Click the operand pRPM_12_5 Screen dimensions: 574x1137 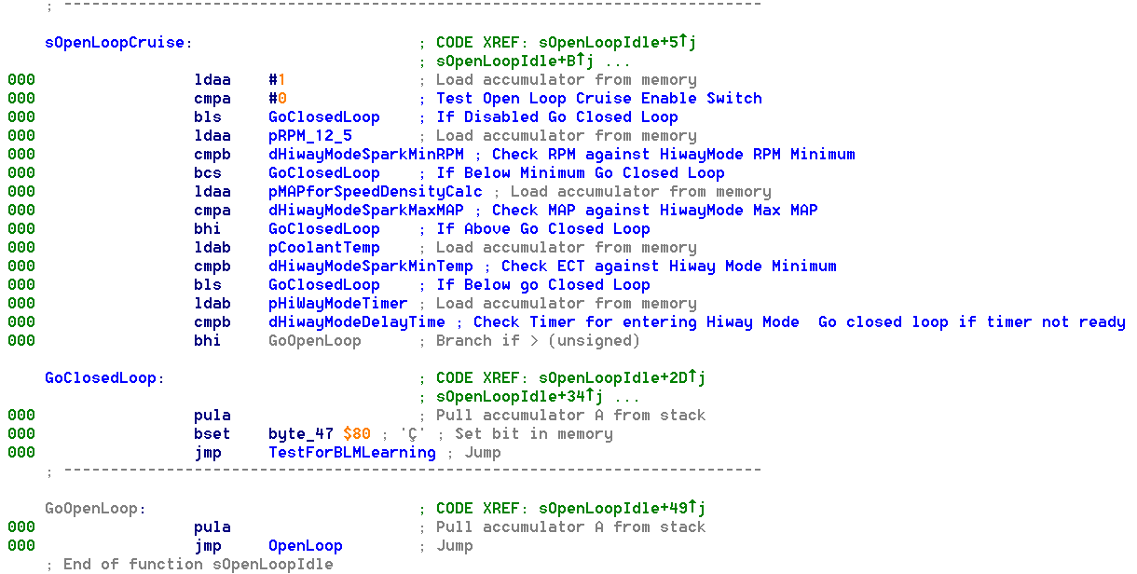click(x=310, y=136)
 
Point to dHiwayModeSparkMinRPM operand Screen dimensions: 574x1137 click(x=366, y=155)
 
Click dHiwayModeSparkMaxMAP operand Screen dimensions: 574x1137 click(x=366, y=211)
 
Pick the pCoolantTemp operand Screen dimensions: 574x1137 click(x=324, y=248)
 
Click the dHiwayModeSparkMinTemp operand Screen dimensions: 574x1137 click(x=371, y=266)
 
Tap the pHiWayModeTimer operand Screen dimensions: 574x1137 click(x=338, y=304)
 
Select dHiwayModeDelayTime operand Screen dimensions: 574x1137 click(x=357, y=322)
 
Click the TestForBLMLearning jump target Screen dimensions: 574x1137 click(x=352, y=453)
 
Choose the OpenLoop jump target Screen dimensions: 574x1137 click(x=306, y=546)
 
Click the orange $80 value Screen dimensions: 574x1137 click(x=357, y=434)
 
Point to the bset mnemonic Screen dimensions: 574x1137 click(x=212, y=434)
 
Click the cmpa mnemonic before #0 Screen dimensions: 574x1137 click(x=212, y=99)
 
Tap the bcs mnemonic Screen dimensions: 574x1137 click(x=208, y=173)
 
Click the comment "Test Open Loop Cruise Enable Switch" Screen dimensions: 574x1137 click(x=599, y=99)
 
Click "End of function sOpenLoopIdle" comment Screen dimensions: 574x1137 click(x=198, y=565)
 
